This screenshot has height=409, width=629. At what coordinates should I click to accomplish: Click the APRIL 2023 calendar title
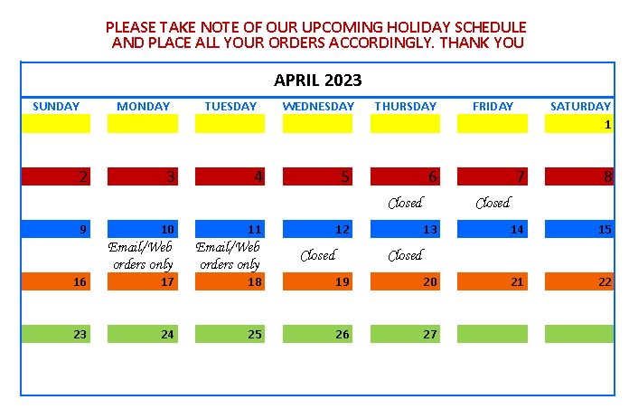pos(318,81)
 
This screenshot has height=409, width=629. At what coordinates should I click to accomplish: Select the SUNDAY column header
pos(56,107)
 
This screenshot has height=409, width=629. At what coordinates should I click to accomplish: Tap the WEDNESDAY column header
pos(318,107)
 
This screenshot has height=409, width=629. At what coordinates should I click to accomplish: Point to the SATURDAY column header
pos(580,107)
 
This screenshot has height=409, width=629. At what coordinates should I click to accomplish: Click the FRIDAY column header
pos(493,107)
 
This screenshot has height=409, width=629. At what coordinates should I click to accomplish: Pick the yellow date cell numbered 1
pos(579,124)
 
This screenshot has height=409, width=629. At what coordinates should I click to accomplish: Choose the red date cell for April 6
pos(405,176)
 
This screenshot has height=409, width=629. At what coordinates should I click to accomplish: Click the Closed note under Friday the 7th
pos(493,203)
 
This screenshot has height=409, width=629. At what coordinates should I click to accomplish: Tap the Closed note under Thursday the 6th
pos(405,203)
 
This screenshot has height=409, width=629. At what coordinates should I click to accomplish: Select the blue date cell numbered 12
pos(318,229)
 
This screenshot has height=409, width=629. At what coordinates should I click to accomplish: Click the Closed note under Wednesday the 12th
pos(318,255)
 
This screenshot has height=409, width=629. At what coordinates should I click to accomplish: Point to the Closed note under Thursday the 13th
pos(405,255)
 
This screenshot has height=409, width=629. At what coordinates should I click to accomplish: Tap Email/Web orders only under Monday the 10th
pos(141,255)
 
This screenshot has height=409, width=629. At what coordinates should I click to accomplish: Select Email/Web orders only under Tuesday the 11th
pos(229,255)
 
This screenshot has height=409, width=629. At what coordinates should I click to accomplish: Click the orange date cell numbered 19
pos(318,281)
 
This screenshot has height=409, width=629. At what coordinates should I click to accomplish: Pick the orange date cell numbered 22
pos(579,281)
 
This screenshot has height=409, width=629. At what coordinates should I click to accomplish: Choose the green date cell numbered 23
pos(56,334)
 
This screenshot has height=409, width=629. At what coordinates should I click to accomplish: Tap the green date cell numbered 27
pos(405,334)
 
